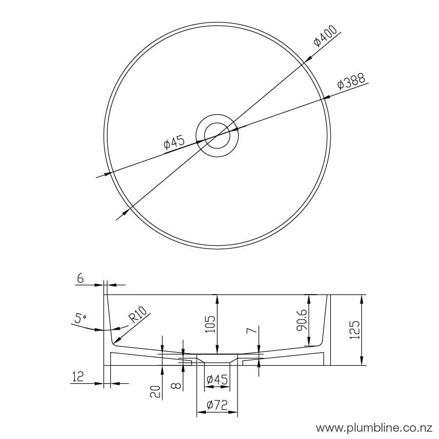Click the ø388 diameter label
tap(352, 81)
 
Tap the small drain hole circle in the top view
tap(217, 135)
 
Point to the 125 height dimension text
tap(355, 330)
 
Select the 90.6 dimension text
tap(301, 320)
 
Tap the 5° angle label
tap(81, 319)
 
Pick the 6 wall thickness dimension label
tap(80, 279)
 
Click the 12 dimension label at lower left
tap(77, 377)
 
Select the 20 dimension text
tap(156, 391)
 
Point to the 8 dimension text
tap(177, 385)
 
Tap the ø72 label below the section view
tap(217, 405)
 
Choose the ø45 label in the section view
tap(217, 379)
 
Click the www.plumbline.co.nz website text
tap(374, 428)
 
